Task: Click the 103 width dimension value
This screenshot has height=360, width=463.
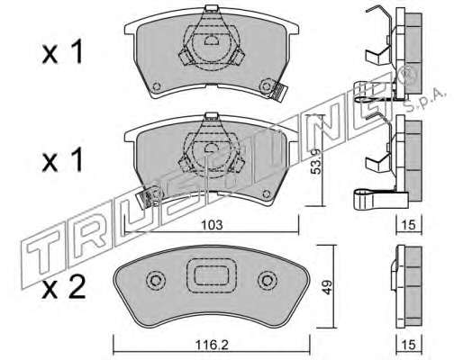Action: pyautogui.click(x=212, y=225)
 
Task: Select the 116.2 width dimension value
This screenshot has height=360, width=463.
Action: pyautogui.click(x=212, y=345)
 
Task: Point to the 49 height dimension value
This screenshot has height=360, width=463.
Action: pyautogui.click(x=327, y=287)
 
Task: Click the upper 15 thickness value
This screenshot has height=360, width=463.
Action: pyautogui.click(x=409, y=225)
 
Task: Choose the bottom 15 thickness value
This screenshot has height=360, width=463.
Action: pyautogui.click(x=409, y=345)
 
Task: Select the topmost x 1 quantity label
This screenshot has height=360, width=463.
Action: pyautogui.click(x=62, y=52)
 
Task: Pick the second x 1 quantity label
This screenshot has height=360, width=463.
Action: pyautogui.click(x=62, y=160)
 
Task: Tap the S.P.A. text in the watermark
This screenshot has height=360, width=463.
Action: pyautogui.click(x=424, y=100)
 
